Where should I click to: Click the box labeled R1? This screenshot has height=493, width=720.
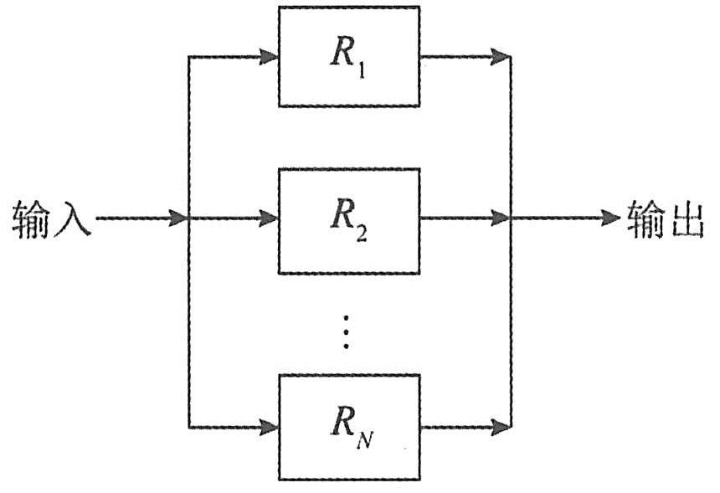pos(348,57)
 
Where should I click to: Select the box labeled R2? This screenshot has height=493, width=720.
pos(348,219)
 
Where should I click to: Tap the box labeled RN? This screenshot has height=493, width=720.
pos(348,427)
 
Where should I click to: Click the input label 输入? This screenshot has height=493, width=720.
pos(50,220)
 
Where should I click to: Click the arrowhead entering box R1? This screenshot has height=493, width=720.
pos(270,58)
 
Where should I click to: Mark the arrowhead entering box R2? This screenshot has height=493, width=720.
pos(270,219)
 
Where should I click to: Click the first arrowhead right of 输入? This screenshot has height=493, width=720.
pos(177,219)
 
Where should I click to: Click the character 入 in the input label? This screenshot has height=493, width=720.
pos(71,220)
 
